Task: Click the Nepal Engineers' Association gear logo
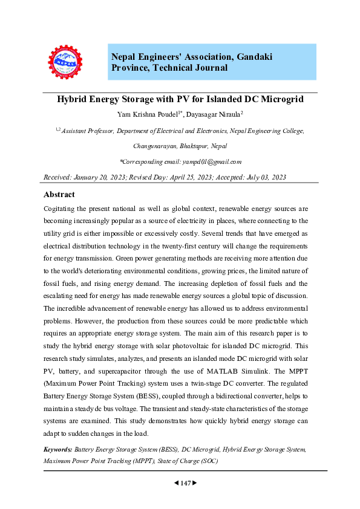[65, 62]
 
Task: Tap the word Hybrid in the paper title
[73, 99]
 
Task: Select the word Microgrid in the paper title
[281, 99]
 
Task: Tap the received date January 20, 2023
[106, 177]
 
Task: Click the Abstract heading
[59, 195]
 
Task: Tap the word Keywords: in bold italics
[58, 450]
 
